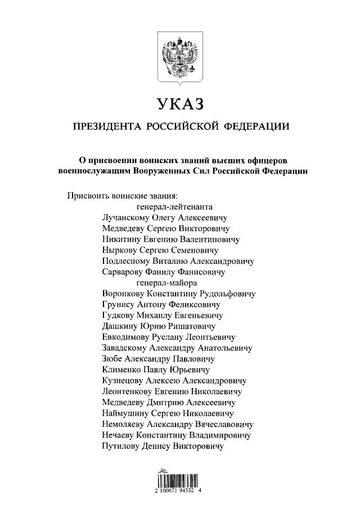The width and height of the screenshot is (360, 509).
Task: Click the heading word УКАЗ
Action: [x=179, y=104]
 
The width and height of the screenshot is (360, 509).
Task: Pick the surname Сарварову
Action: [x=124, y=272]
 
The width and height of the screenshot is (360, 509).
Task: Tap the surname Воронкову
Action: [x=124, y=294]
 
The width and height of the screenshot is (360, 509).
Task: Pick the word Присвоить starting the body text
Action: [x=88, y=196]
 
